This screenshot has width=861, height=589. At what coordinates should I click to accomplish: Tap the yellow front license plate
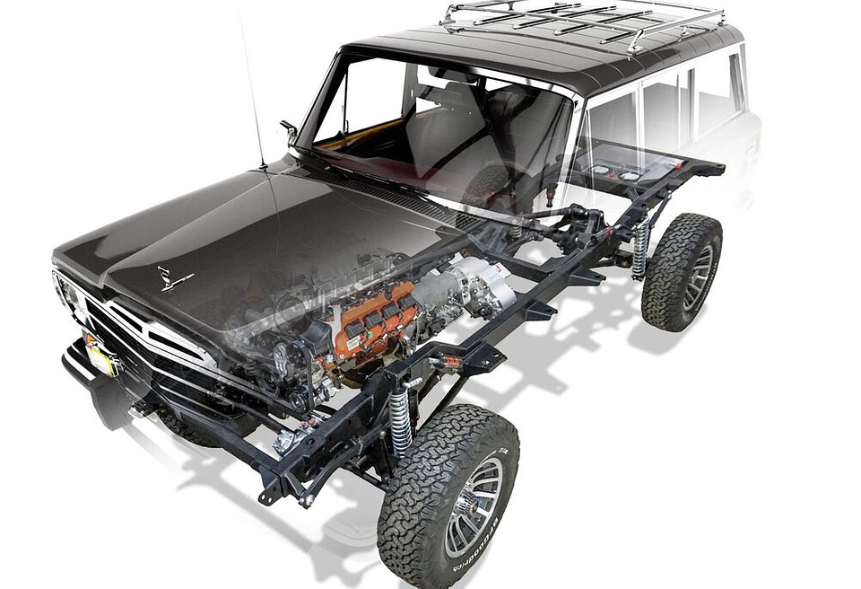(x=102, y=356)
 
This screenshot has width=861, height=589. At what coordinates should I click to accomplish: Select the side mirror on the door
(x=290, y=131)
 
